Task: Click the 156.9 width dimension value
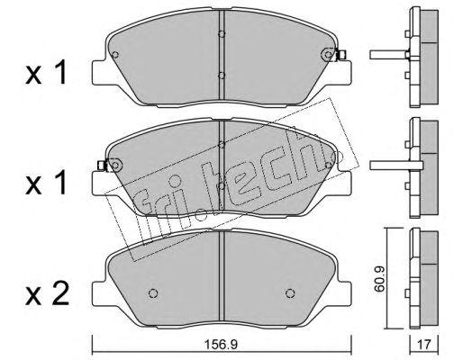[x=221, y=345]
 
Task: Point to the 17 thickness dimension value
[x=424, y=345]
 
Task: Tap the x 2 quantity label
[x=47, y=294]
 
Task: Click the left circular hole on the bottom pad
[x=153, y=293]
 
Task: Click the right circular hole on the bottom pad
[x=290, y=293]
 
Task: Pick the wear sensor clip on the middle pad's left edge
[x=102, y=165]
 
